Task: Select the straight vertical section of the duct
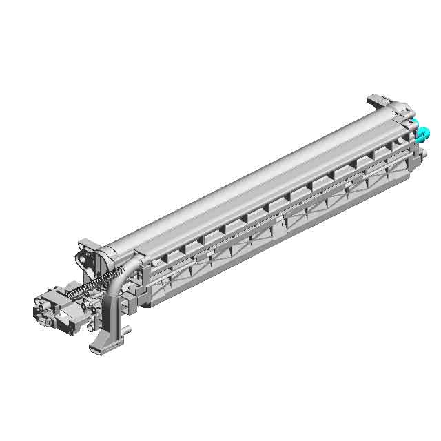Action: (110, 310)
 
